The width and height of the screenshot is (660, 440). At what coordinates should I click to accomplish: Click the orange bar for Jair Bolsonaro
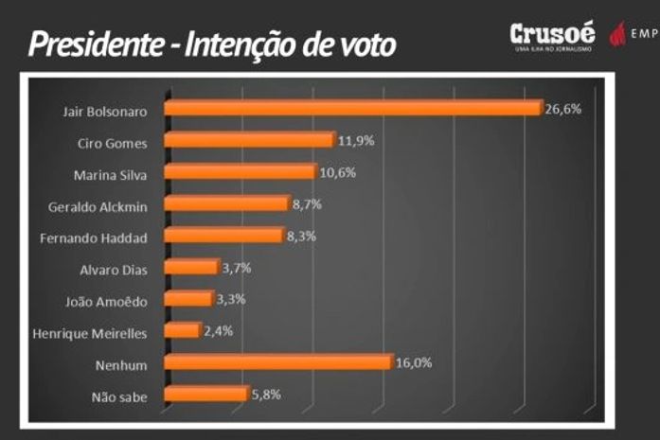pos(352,108)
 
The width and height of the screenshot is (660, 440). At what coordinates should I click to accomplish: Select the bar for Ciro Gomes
pos(249,140)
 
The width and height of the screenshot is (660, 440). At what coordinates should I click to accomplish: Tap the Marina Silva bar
pos(240,172)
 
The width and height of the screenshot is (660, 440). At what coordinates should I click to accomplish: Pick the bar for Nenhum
pos(277,362)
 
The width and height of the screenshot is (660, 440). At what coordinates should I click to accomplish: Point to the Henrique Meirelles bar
pos(182,330)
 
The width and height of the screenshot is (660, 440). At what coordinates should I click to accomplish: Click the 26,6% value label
pos(562,108)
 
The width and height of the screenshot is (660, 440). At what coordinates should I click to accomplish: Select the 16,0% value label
pos(412,361)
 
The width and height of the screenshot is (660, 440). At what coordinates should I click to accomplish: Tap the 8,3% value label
pos(302,235)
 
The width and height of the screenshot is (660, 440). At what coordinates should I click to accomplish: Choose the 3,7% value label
pos(237,267)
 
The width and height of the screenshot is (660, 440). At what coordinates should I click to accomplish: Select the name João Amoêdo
pos(110,300)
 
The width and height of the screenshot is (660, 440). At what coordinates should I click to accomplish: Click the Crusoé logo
pos(551,35)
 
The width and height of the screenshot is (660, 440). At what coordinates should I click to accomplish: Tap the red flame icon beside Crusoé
pos(616,35)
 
